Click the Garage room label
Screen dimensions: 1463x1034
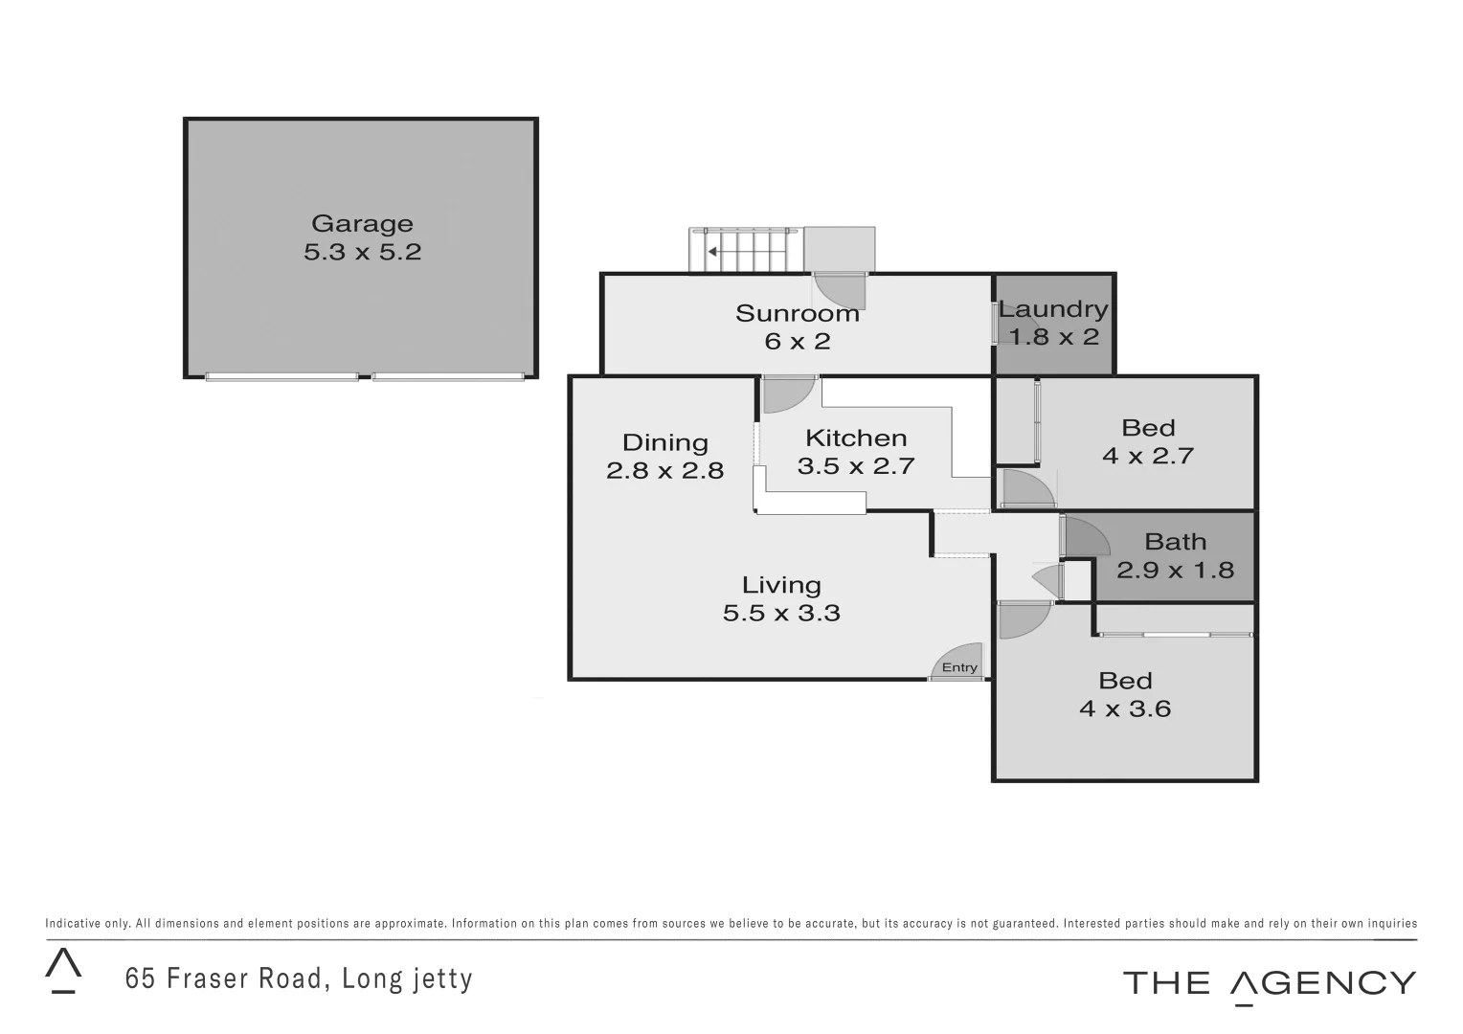point(362,224)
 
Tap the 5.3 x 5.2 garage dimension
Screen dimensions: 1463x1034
point(362,252)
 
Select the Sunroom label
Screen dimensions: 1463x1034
point(797,313)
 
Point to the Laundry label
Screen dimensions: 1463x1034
point(1053,309)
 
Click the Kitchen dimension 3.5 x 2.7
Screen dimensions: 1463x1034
point(856,466)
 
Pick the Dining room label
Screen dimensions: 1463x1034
point(664,442)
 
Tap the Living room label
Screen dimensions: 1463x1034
point(781,585)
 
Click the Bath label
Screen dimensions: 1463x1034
point(1175,542)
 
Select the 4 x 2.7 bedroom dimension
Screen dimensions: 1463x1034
point(1147,456)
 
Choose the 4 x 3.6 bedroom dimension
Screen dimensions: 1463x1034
point(1125,708)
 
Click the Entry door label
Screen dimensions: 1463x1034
point(959,667)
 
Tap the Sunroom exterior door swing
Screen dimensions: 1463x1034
point(840,289)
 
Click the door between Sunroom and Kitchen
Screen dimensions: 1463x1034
point(788,393)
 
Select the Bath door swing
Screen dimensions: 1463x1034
point(1084,536)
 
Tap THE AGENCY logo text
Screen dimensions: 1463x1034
point(1269,983)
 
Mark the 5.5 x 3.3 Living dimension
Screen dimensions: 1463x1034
point(781,613)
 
